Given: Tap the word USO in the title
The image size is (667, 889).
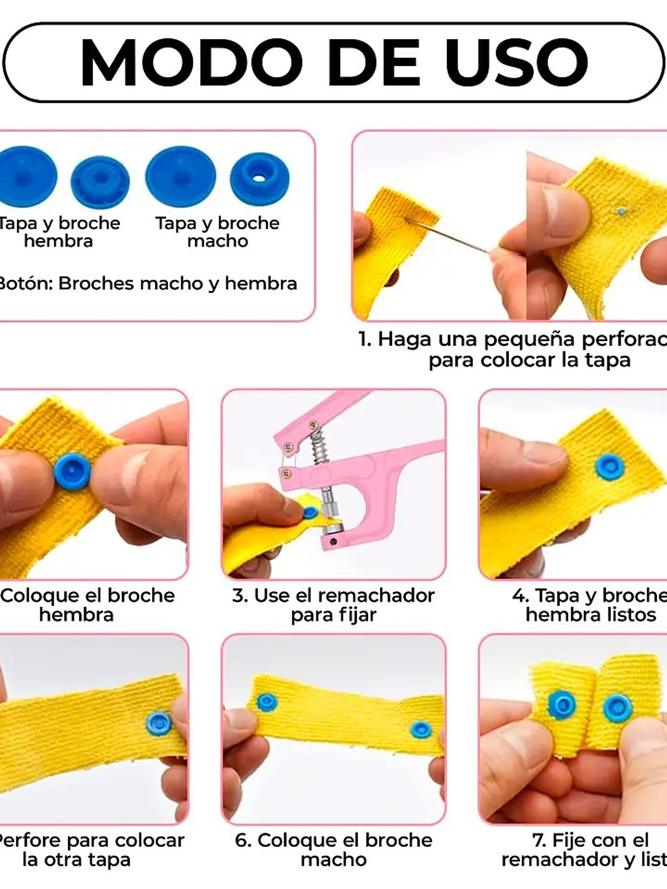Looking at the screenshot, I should (516, 63).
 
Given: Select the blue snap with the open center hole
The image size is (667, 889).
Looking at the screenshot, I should (259, 178).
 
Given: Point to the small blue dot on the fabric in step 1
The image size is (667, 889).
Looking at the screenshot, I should (621, 211).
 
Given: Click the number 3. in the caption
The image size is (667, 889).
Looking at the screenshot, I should (240, 595).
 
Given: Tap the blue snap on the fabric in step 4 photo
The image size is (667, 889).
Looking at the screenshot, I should (609, 467).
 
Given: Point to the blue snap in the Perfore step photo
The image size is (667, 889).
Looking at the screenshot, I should (159, 723).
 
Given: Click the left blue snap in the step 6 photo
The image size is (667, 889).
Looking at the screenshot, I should (266, 702).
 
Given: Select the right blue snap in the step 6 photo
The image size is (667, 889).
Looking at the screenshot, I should (421, 729).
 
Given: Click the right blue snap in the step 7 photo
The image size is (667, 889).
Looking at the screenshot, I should (617, 708).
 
